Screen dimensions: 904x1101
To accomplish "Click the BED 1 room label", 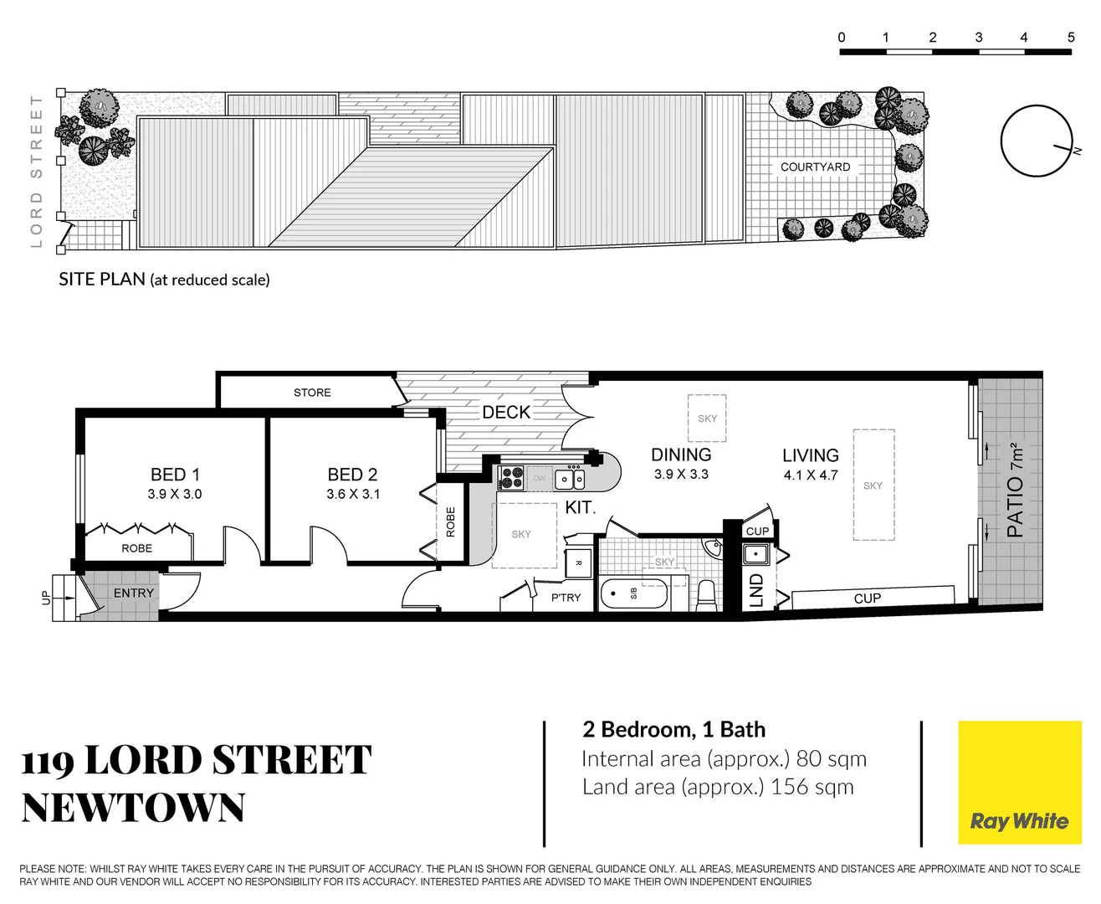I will pos(175,475).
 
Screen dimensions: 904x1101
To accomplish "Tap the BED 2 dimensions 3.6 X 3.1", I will pos(353,494).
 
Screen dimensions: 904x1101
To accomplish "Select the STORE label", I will pos(312,393).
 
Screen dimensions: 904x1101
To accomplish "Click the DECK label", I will pos(506,412).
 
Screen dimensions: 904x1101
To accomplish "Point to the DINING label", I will pos(681,455).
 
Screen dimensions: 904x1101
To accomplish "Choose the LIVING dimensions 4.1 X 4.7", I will pos(810,475).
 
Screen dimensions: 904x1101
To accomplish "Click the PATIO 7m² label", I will pos(1015,490).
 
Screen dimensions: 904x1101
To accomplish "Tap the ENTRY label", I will pos(134,593).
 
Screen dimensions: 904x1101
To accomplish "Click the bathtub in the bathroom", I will pos(634,594).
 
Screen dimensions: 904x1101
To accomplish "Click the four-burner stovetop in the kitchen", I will pos(511,478).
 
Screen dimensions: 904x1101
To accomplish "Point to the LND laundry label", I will pos(756,589).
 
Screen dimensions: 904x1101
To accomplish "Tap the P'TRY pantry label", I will pos(566,597).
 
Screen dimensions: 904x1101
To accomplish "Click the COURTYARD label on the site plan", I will pos(815,167).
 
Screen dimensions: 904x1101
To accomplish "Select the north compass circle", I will pos(1036,141).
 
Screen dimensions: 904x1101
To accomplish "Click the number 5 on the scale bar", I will pos(1070,38).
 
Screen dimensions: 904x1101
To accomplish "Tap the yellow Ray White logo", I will pos(1019,783).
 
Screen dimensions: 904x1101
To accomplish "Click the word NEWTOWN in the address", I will pos(133,808).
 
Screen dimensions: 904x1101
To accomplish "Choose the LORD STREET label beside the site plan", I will pos(36,172).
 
